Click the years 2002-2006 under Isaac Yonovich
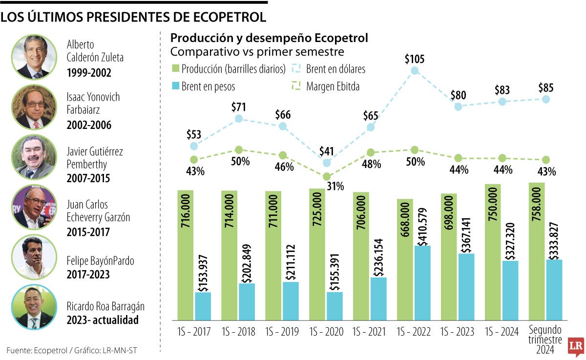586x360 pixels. point(89,125)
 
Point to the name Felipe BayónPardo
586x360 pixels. point(100,261)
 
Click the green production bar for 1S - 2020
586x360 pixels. point(317,254)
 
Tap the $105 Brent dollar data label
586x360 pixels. point(415,60)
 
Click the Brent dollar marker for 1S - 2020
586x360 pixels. point(327,163)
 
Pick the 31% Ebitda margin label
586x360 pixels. point(335,186)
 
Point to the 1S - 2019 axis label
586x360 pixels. point(283,332)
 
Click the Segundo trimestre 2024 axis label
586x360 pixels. point(545,340)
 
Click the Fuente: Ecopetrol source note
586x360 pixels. point(76,349)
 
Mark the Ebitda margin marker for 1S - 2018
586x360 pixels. point(239,150)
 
